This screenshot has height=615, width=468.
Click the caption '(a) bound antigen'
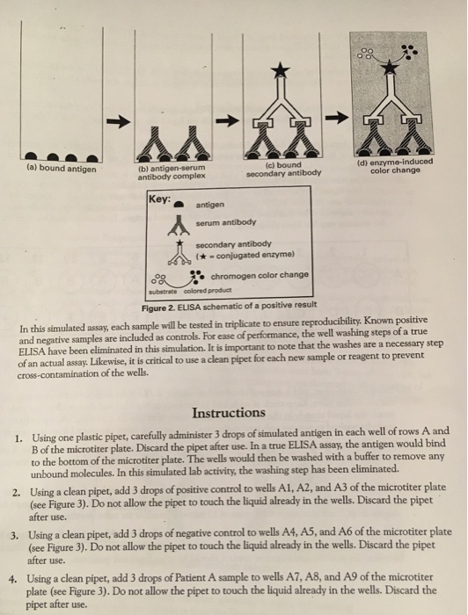tap(61, 169)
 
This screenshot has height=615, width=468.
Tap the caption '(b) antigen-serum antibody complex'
tap(172, 172)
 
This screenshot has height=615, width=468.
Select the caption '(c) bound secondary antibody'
tap(283, 169)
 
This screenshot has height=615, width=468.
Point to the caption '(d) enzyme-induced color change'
tap(395, 166)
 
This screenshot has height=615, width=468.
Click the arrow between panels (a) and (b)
tap(118, 122)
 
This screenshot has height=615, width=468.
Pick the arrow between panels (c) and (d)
tap(337, 117)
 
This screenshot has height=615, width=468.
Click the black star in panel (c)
tap(281, 69)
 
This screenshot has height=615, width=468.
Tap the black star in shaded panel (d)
tap(389, 67)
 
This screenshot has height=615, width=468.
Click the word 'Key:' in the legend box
tap(159, 199)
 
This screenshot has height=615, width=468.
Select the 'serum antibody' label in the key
tap(226, 222)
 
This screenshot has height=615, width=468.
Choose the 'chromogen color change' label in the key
tap(260, 275)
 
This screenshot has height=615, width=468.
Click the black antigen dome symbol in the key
tap(179, 205)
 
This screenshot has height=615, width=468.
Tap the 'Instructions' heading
tap(229, 413)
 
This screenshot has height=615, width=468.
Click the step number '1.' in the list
tap(18, 438)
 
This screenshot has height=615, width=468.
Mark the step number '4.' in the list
tap(13, 579)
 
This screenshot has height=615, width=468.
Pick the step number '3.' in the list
tap(15, 535)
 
